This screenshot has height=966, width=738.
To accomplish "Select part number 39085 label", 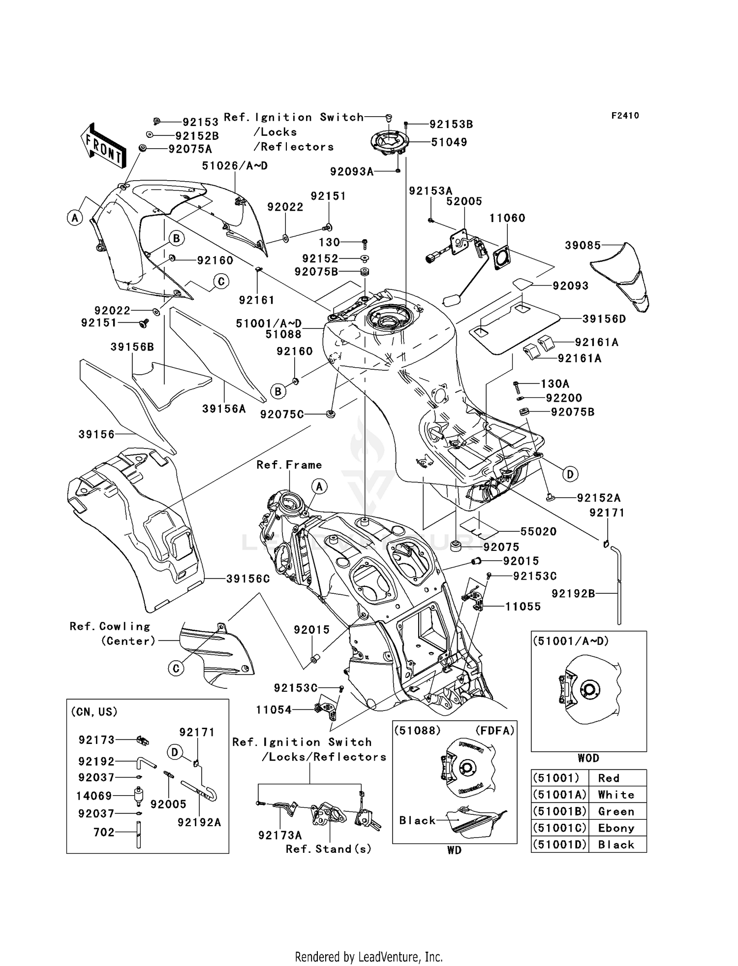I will click(583, 245).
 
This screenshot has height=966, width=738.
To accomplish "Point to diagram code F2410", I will click(625, 116).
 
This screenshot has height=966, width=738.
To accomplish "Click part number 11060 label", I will click(507, 218).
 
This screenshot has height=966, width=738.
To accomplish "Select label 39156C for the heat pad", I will click(247, 579).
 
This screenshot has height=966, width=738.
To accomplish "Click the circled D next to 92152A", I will click(570, 474).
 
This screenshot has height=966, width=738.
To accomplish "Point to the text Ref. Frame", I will click(289, 465).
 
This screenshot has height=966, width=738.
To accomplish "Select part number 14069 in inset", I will click(94, 796).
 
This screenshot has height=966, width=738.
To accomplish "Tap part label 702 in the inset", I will click(104, 832).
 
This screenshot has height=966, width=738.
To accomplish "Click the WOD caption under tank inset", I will click(588, 758).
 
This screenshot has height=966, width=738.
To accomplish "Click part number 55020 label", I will click(538, 531).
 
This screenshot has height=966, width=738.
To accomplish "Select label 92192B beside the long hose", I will click(573, 594).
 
